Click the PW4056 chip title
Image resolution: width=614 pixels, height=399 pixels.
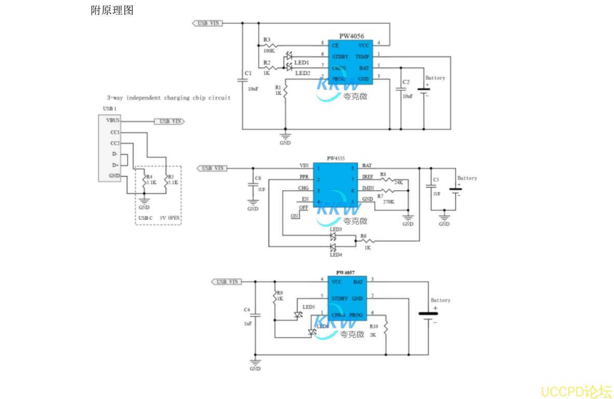click(x=352, y=36)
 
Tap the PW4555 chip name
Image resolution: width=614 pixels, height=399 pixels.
click(x=336, y=158)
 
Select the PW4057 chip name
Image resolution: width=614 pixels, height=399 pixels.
click(x=345, y=273)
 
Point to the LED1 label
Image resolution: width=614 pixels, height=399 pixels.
click(x=302, y=63)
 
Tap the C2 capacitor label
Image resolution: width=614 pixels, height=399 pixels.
click(x=406, y=83)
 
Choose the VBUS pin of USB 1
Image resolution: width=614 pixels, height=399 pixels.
click(x=113, y=120)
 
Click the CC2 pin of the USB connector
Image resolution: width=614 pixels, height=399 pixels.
click(x=115, y=143)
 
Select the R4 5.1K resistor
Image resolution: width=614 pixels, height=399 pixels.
click(x=150, y=180)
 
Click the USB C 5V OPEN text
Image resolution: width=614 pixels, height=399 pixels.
click(x=159, y=218)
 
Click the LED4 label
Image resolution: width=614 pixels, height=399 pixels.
click(x=336, y=255)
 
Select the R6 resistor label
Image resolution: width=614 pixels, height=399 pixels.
click(x=364, y=236)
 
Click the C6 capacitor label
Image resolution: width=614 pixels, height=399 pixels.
click(x=258, y=178)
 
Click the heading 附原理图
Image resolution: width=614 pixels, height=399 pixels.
click(x=112, y=10)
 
